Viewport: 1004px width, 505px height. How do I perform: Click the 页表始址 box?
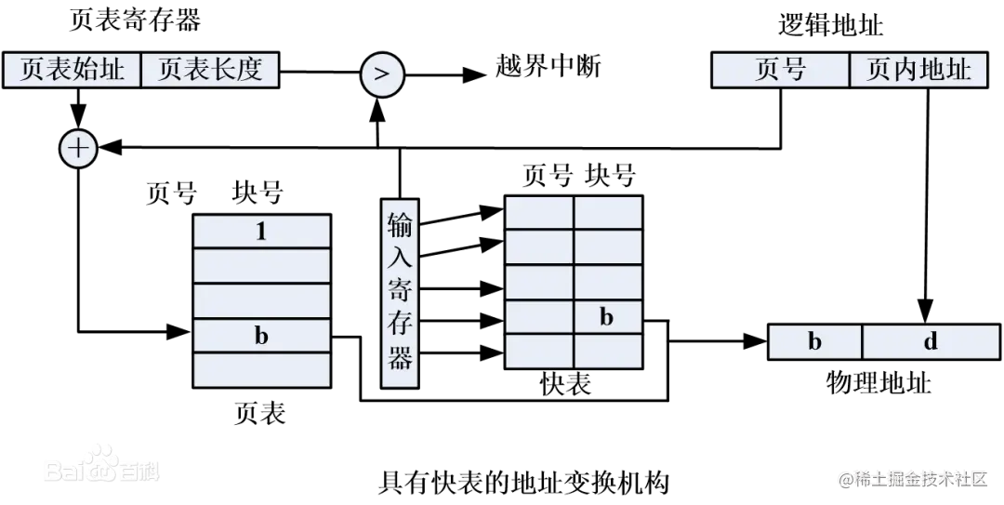[x=72, y=70]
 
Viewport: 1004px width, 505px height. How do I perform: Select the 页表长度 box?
[x=210, y=70]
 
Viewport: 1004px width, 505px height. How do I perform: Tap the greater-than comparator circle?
[x=381, y=74]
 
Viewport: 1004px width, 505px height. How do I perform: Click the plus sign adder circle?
[x=78, y=149]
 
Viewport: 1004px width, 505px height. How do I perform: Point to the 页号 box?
[x=780, y=70]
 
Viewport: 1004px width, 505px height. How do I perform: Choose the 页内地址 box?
[x=918, y=70]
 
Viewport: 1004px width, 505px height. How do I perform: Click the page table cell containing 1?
[x=261, y=232]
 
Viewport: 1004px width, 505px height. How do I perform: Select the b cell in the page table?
[x=261, y=336]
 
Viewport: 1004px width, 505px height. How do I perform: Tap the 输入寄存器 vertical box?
[x=401, y=291]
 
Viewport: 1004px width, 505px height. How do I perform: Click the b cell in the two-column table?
[x=607, y=317]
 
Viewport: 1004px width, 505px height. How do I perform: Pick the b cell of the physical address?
[x=814, y=341]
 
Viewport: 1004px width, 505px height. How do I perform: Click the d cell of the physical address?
[x=931, y=341]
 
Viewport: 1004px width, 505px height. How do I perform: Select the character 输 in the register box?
[x=401, y=225]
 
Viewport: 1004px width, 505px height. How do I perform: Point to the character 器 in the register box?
[x=401, y=360]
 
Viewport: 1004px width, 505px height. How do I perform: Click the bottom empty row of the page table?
[x=261, y=369]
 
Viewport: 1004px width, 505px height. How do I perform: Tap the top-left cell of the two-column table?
[x=539, y=213]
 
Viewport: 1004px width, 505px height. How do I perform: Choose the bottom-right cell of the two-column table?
[x=607, y=351]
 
